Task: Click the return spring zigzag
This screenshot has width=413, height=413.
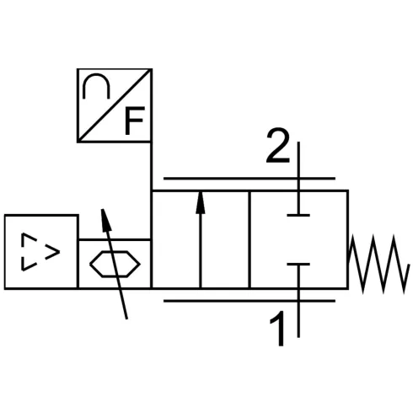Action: click(379, 262)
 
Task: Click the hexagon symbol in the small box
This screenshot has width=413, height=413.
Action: click(114, 264)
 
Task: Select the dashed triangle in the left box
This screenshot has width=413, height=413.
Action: click(40, 252)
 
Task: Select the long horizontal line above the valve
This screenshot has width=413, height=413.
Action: click(248, 178)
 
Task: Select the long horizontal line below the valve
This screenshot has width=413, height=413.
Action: click(248, 301)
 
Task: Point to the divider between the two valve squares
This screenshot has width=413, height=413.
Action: click(249, 240)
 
